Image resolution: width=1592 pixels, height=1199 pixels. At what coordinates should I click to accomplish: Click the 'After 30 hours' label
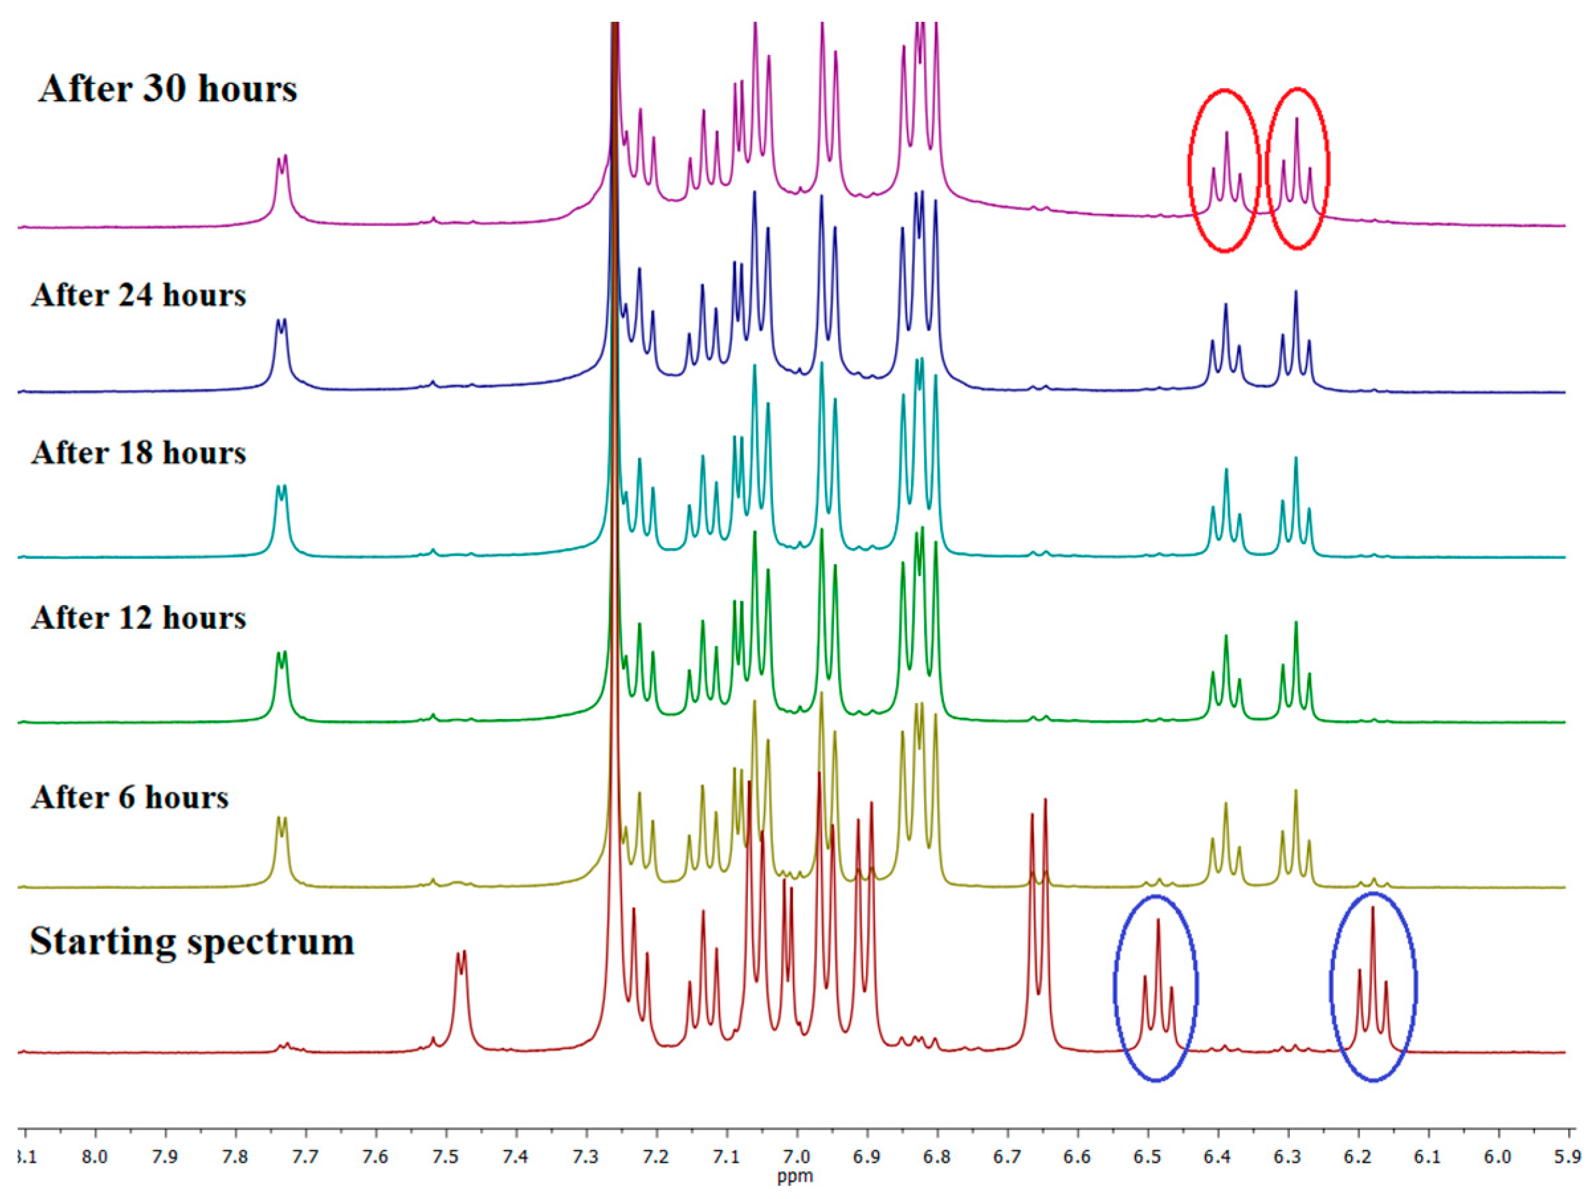point(168,89)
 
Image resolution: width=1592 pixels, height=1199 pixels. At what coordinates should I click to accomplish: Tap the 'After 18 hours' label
point(139,453)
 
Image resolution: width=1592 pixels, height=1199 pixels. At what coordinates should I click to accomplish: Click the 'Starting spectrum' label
point(192,941)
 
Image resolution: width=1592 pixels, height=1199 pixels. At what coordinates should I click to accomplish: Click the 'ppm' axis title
point(795,1177)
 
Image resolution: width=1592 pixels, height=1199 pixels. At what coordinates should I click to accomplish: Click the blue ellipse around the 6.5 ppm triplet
point(1115,989)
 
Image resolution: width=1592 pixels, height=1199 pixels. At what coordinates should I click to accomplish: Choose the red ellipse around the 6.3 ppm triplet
point(1267,169)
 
